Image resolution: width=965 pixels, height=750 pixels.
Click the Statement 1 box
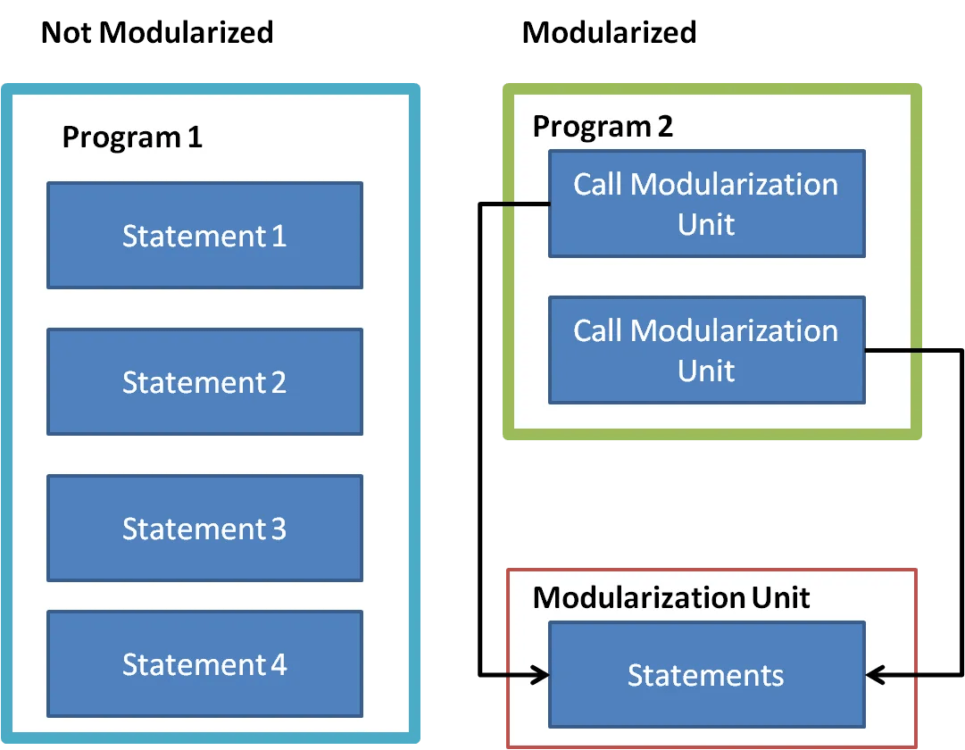point(204,236)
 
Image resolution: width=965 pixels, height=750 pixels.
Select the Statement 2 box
point(204,382)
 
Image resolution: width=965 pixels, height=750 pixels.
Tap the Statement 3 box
point(204,529)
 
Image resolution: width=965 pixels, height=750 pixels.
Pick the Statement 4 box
point(204,664)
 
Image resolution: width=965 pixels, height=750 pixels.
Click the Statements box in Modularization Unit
point(706,675)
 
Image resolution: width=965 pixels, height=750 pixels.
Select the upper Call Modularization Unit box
point(706,204)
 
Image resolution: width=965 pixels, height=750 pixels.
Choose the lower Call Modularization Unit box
point(706,350)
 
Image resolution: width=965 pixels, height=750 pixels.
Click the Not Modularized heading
point(157,33)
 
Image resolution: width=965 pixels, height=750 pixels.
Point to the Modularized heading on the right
point(609,33)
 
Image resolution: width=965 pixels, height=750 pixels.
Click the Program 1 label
point(132,137)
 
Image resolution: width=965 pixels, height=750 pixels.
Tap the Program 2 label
point(603,127)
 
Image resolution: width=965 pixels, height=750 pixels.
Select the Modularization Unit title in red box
point(671,597)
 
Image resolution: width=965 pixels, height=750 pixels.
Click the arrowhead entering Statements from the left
point(539,675)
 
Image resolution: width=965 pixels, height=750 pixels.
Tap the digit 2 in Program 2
point(664,127)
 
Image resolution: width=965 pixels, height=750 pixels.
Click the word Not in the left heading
point(67,33)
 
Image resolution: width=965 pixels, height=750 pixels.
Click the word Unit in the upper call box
point(706,223)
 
